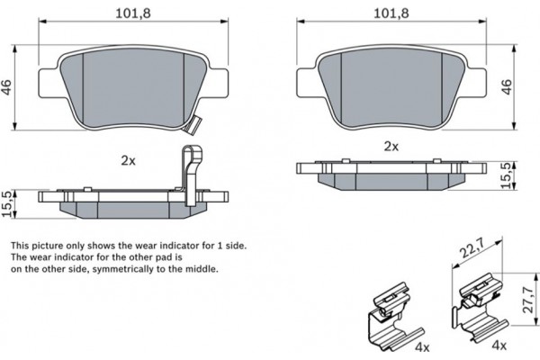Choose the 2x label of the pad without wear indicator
click(x=391, y=145)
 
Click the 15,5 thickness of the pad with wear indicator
click(x=8, y=203)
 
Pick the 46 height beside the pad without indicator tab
click(x=507, y=86)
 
